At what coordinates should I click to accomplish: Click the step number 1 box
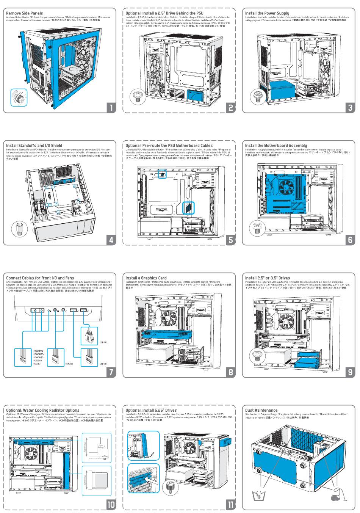click(x=111, y=108)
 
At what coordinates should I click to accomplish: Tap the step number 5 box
click(x=230, y=240)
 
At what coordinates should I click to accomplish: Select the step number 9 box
click(x=350, y=372)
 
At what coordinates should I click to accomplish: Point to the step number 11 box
click(x=230, y=504)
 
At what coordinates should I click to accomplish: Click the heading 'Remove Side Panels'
click(x=24, y=13)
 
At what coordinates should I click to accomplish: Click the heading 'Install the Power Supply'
click(x=267, y=13)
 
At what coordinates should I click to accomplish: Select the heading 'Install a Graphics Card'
click(x=146, y=278)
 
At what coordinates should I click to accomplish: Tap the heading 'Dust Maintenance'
click(x=261, y=410)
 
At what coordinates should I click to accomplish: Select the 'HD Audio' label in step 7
click(x=69, y=364)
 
